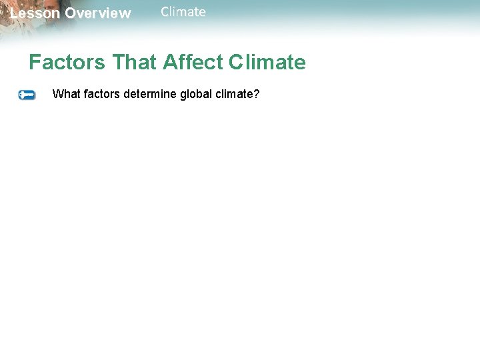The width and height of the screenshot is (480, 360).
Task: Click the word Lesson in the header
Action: (x=35, y=13)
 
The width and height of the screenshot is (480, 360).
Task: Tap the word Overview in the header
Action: (x=98, y=13)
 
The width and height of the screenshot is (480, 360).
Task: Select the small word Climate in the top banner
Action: (x=183, y=12)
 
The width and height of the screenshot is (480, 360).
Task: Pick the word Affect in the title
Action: (x=193, y=63)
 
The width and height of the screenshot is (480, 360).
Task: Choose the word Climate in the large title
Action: (x=267, y=63)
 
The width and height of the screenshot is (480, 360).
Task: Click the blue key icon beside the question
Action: (x=27, y=95)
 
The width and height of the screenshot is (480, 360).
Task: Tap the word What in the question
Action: (x=65, y=94)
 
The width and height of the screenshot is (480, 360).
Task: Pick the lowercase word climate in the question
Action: (x=235, y=94)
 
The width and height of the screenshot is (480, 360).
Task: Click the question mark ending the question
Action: (x=257, y=94)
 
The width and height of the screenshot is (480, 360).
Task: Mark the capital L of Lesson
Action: (x=14, y=13)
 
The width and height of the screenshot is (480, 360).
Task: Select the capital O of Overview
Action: (x=71, y=13)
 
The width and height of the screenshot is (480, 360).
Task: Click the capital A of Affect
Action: (x=170, y=63)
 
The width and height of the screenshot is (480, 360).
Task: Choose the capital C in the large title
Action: (x=237, y=63)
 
